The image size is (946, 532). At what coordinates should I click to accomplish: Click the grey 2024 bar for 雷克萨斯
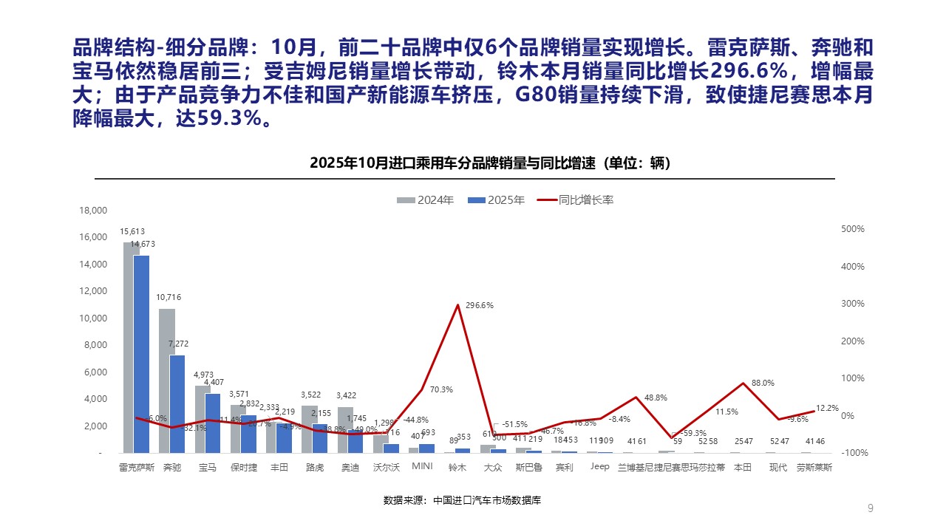[132, 347]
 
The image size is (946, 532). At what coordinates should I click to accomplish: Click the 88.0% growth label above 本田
[763, 383]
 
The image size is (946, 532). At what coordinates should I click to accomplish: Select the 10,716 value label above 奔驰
[169, 297]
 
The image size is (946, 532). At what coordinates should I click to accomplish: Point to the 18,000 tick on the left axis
[93, 211]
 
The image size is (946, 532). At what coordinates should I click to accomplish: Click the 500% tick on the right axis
[853, 229]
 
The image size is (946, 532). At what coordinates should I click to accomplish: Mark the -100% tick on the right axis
[852, 452]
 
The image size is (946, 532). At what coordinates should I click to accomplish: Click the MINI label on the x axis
[422, 467]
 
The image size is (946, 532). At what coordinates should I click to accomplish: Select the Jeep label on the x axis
[599, 467]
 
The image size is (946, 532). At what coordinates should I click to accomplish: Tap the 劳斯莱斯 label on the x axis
[814, 467]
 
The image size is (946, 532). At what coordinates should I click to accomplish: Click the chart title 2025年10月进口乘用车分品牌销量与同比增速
[490, 163]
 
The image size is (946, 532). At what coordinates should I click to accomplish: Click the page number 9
[870, 508]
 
